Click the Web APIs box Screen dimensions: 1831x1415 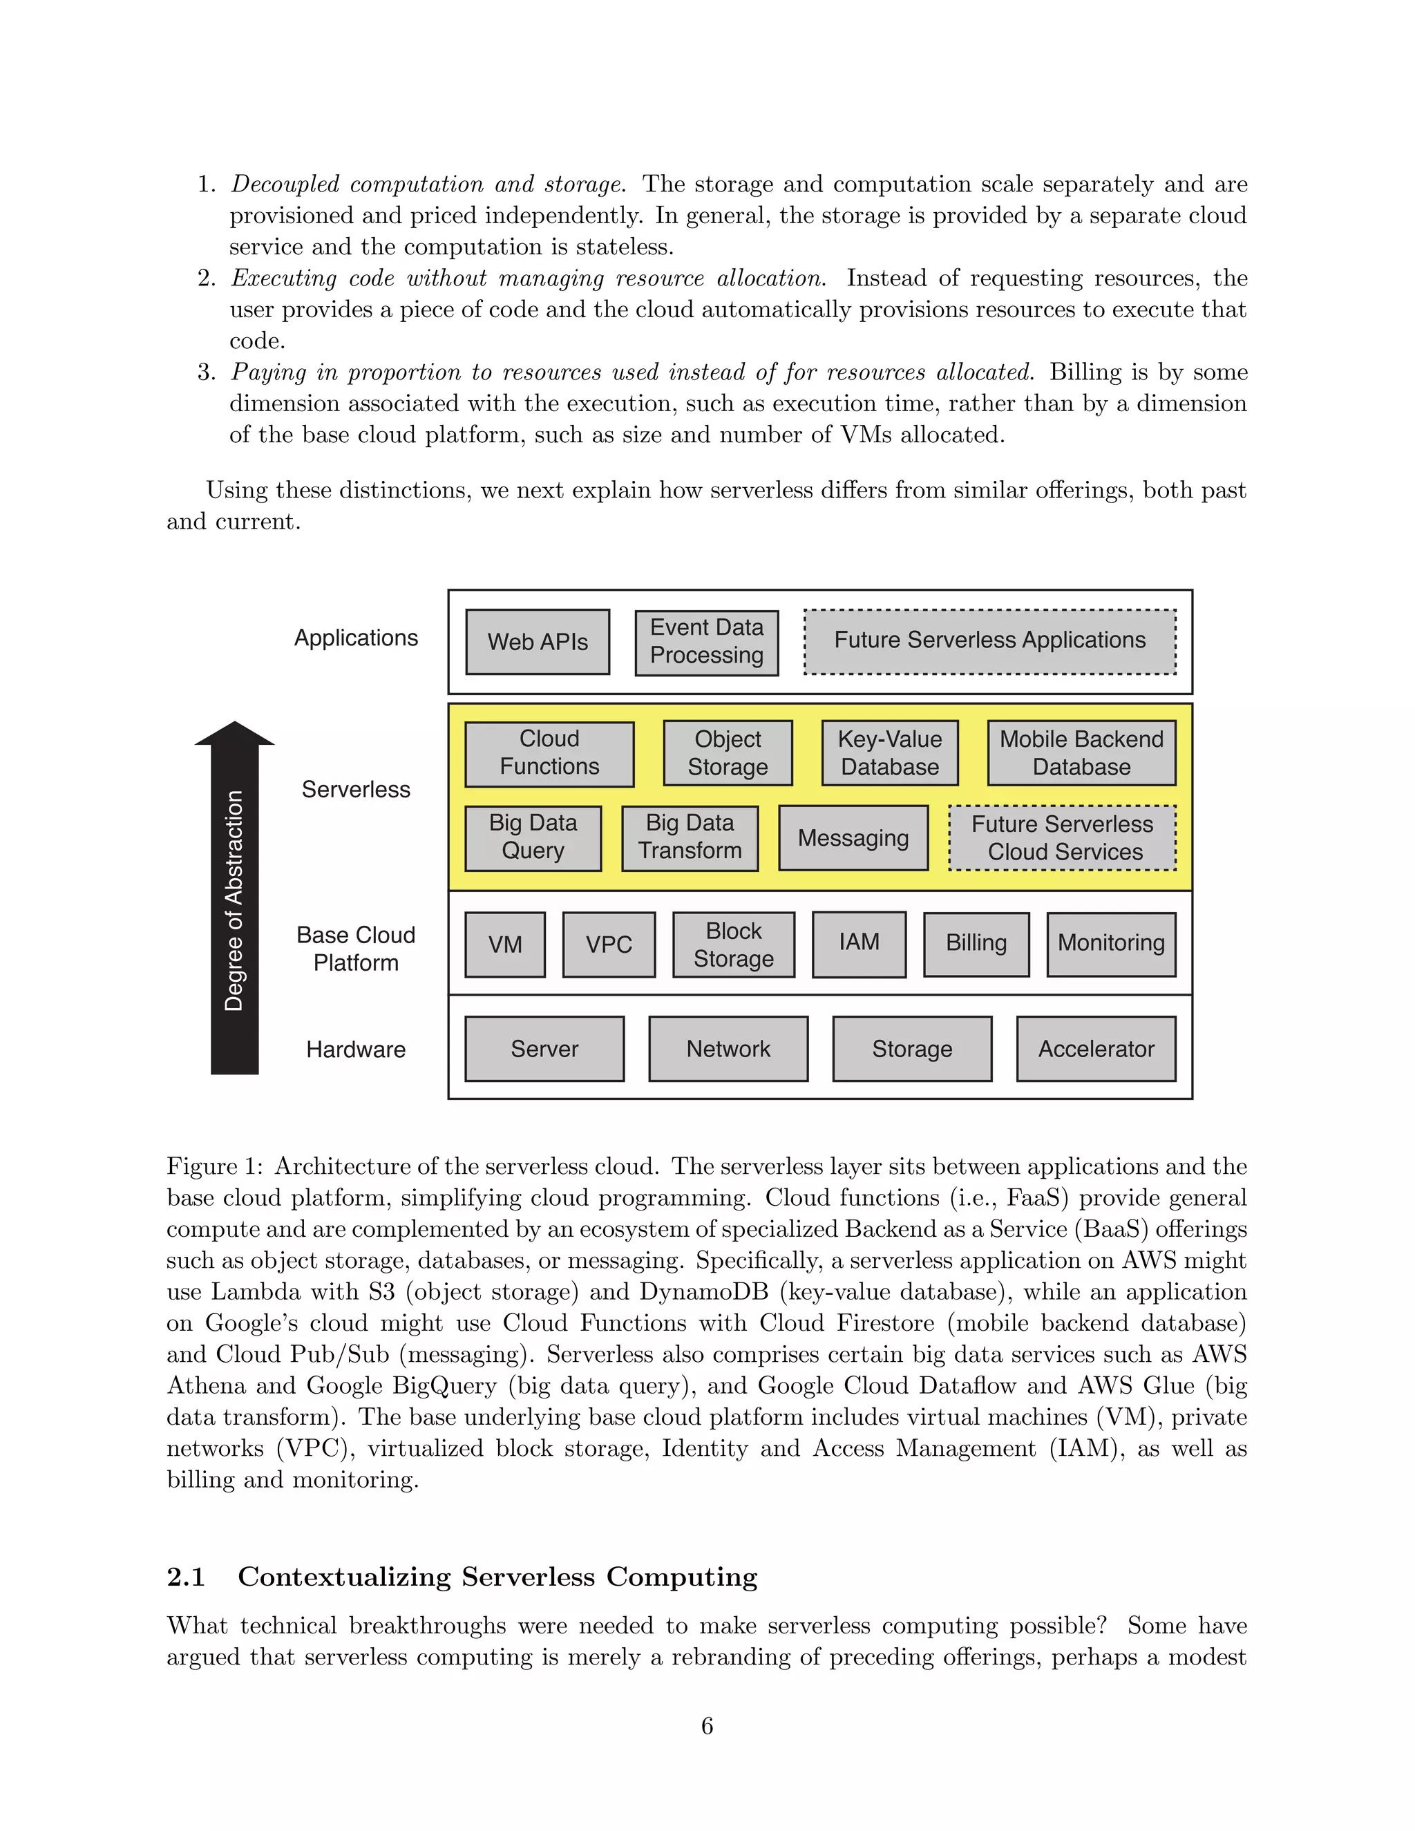coord(538,641)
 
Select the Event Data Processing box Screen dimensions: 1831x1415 coord(706,642)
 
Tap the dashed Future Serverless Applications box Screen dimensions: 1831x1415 coord(989,641)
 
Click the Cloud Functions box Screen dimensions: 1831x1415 coord(549,753)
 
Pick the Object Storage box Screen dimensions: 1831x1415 coord(727,753)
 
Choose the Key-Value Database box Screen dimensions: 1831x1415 coord(889,753)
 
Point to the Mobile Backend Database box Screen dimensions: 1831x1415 coord(1081,753)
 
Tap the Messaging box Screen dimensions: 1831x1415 coord(853,837)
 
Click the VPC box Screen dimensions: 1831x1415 coord(609,944)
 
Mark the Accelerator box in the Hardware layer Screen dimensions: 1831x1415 coord(1096,1049)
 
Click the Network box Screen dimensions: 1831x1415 coord(728,1049)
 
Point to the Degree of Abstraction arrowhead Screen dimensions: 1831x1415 coord(234,734)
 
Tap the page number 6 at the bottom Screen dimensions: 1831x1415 coord(707,1726)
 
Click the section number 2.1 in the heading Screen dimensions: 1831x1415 coord(186,1577)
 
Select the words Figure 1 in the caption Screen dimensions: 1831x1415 coord(215,1166)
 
